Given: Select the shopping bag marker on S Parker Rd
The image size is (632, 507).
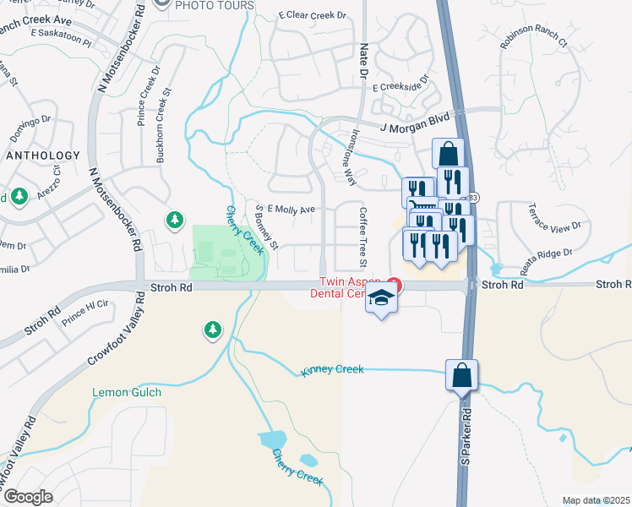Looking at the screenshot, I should (x=461, y=375).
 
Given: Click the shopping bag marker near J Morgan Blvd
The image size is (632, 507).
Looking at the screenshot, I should (x=448, y=155).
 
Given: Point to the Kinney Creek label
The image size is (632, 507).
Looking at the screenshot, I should (x=332, y=369).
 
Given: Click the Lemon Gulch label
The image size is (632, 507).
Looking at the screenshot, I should (x=127, y=393).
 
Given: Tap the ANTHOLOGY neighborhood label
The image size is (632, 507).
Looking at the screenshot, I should (x=42, y=155).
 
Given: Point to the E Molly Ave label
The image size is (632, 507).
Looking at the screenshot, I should (x=291, y=209).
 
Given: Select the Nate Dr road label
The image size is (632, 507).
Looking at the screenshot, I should (x=364, y=61).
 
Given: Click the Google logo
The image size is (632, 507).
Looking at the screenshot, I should (x=27, y=496).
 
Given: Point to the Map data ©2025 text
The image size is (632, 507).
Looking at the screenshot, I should (x=596, y=500).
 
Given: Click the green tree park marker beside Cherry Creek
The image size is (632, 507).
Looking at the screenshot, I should (x=175, y=220).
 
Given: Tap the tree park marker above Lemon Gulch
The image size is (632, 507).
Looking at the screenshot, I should (x=211, y=330).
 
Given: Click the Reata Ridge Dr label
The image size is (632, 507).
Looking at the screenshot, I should (x=546, y=259).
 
